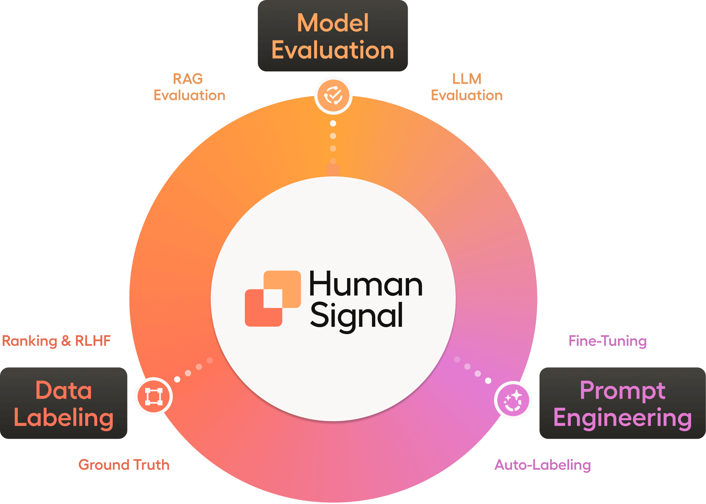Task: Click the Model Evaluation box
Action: click(x=333, y=36)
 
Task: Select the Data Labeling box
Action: click(x=64, y=403)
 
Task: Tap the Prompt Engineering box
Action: click(x=622, y=403)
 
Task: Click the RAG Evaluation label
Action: click(x=189, y=87)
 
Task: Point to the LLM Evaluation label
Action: click(x=467, y=87)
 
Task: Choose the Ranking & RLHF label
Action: click(x=56, y=341)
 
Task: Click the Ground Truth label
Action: click(x=124, y=465)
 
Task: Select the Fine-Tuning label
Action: click(x=607, y=341)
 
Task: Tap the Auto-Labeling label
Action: click(x=542, y=465)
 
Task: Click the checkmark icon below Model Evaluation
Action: click(x=333, y=95)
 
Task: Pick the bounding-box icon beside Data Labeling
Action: click(x=153, y=396)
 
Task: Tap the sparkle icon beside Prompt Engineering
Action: click(x=513, y=400)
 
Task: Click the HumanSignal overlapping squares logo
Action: click(x=273, y=299)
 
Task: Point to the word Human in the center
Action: click(x=365, y=285)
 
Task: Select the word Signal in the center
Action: click(x=356, y=316)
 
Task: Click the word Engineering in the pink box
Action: click(x=622, y=417)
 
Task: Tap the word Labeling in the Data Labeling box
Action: click(x=64, y=417)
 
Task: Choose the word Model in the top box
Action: click(x=333, y=23)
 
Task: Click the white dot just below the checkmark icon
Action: click(x=333, y=123)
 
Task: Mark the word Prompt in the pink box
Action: click(x=622, y=390)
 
